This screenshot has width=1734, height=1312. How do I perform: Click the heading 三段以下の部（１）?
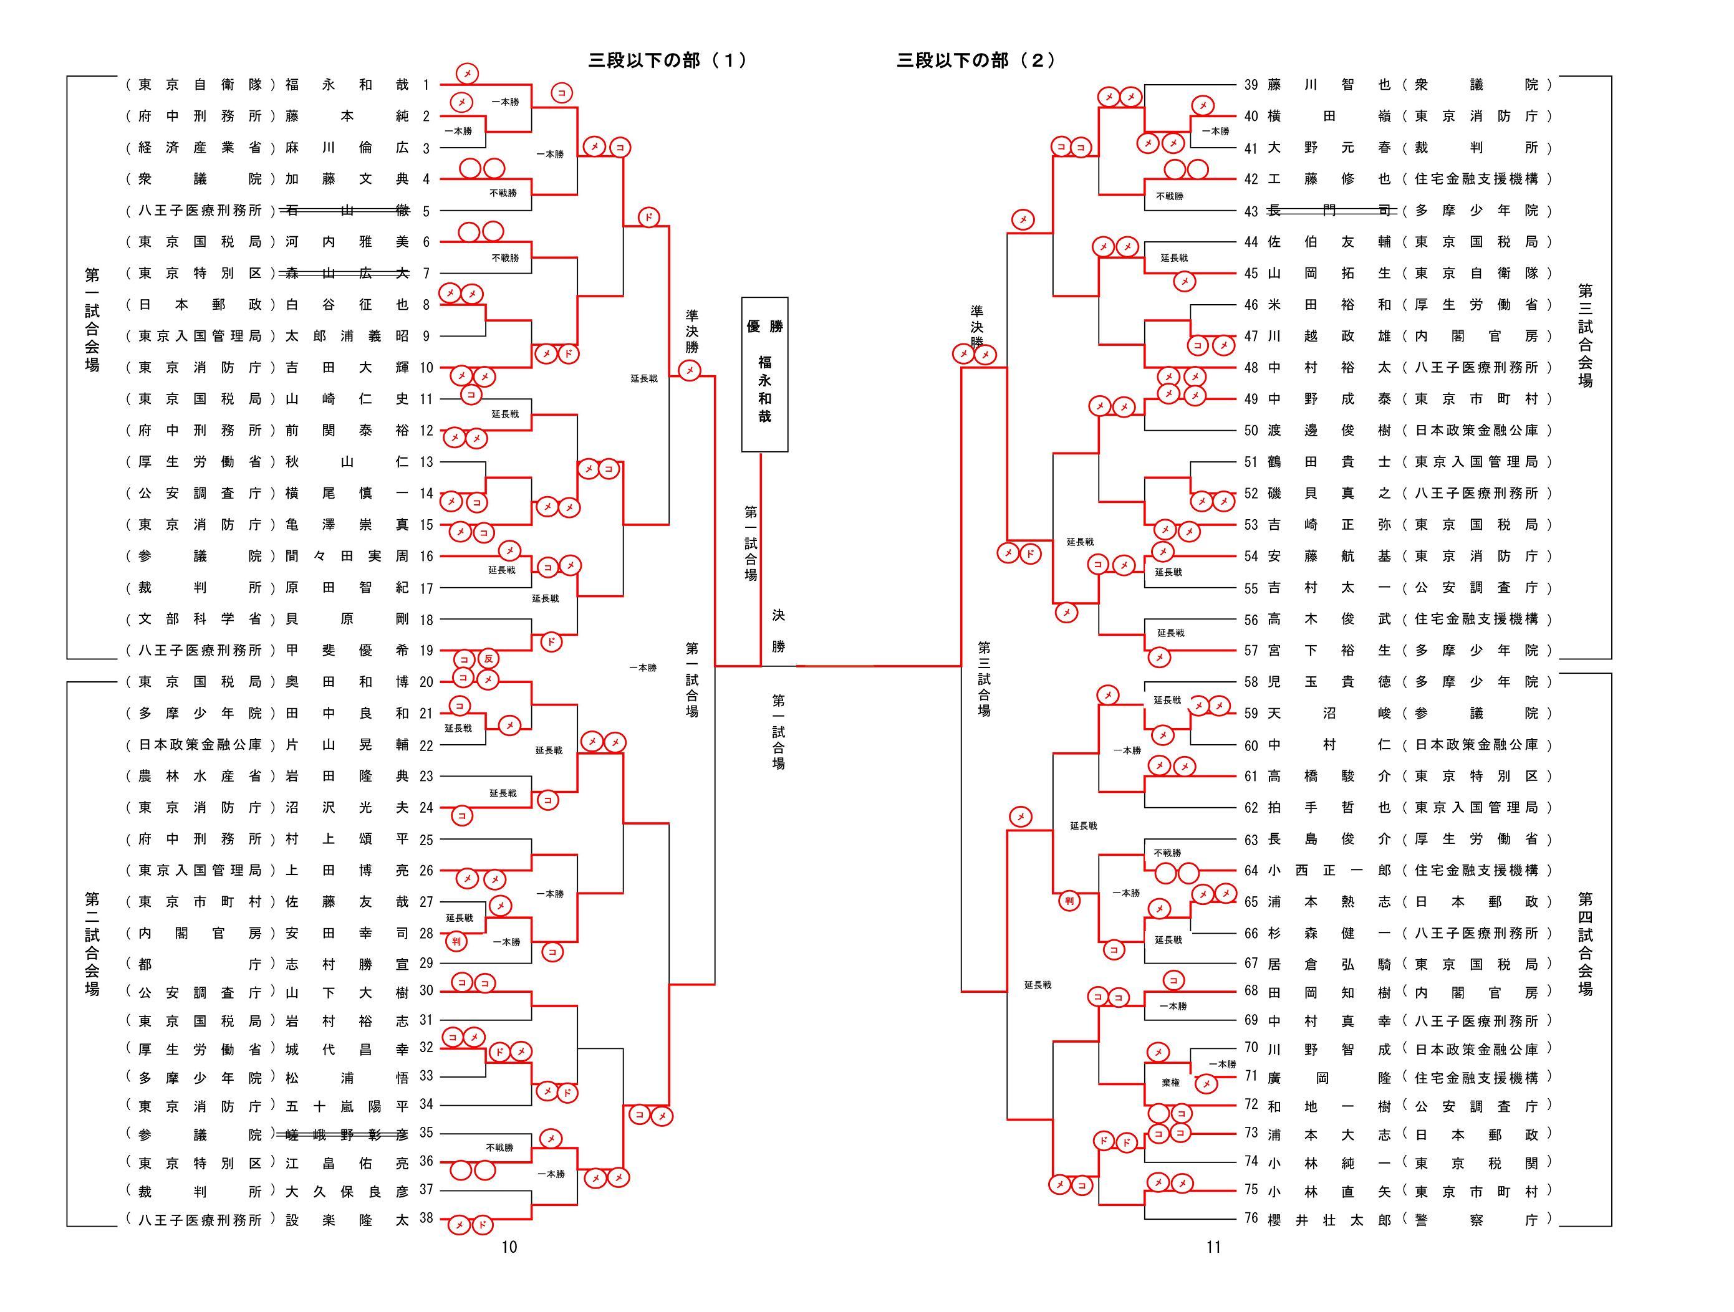tap(667, 60)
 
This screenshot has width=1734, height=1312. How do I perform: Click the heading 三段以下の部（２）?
tap(976, 60)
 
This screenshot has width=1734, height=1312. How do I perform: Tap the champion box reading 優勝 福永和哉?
tap(764, 374)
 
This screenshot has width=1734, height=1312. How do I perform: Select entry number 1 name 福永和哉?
tap(347, 85)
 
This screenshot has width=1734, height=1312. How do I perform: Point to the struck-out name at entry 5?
tap(347, 210)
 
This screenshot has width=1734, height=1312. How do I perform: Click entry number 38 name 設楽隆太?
tap(347, 1220)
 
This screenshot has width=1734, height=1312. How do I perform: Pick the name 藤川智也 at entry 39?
tap(1329, 85)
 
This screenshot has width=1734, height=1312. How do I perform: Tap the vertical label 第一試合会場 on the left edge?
tap(92, 320)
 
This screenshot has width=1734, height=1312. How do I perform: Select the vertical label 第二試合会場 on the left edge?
tap(92, 944)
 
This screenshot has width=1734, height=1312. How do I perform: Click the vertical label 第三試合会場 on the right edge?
tap(1585, 335)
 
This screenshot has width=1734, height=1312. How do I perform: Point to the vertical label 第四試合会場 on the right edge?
tap(1585, 944)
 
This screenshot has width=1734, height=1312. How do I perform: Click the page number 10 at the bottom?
tap(509, 1247)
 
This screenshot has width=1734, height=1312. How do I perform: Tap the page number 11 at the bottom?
tap(1213, 1247)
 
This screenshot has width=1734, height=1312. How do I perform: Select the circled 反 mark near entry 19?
tap(488, 659)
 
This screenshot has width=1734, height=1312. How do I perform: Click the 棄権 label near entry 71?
tap(1170, 1083)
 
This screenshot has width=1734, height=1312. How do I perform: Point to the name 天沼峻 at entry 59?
tap(1329, 713)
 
